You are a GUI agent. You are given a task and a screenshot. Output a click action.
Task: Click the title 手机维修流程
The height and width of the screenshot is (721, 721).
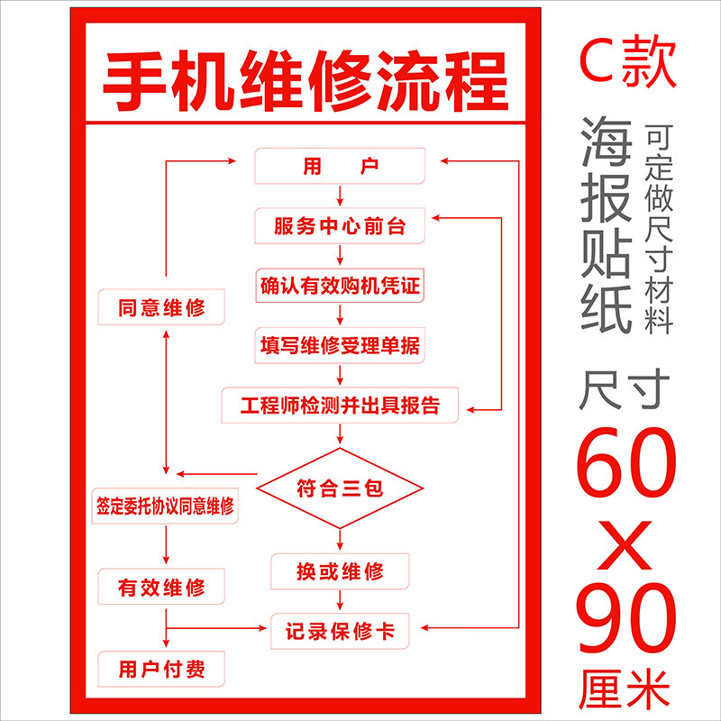pos(306,81)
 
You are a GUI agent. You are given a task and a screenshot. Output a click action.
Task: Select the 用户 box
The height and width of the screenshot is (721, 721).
pos(340,168)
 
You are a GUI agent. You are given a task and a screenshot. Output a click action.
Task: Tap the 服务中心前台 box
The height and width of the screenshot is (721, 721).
pos(340,226)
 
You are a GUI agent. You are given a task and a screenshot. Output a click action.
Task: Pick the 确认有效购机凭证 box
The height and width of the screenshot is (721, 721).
pos(340,287)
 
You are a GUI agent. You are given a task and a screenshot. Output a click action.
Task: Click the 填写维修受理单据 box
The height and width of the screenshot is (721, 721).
pos(340,345)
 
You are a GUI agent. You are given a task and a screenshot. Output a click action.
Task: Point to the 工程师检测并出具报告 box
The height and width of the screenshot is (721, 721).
pos(340,405)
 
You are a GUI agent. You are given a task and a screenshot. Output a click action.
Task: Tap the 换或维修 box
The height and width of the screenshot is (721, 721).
pos(340,570)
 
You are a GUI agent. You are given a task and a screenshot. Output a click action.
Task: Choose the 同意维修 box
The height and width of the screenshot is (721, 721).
pos(161,308)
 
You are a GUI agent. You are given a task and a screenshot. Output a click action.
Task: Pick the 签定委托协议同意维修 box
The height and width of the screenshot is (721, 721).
pos(165,505)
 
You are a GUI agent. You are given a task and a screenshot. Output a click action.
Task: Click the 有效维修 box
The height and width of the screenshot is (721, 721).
pos(161,589)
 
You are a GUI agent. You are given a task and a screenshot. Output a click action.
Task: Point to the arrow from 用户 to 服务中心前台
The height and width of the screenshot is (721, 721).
pos(340,196)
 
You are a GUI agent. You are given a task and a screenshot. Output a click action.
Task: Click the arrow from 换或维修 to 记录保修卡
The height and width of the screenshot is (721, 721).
pos(340,600)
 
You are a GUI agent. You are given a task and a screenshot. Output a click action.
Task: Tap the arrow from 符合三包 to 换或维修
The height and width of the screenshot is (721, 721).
pos(340,539)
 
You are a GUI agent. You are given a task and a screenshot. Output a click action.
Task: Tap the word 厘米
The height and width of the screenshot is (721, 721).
pos(626,689)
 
